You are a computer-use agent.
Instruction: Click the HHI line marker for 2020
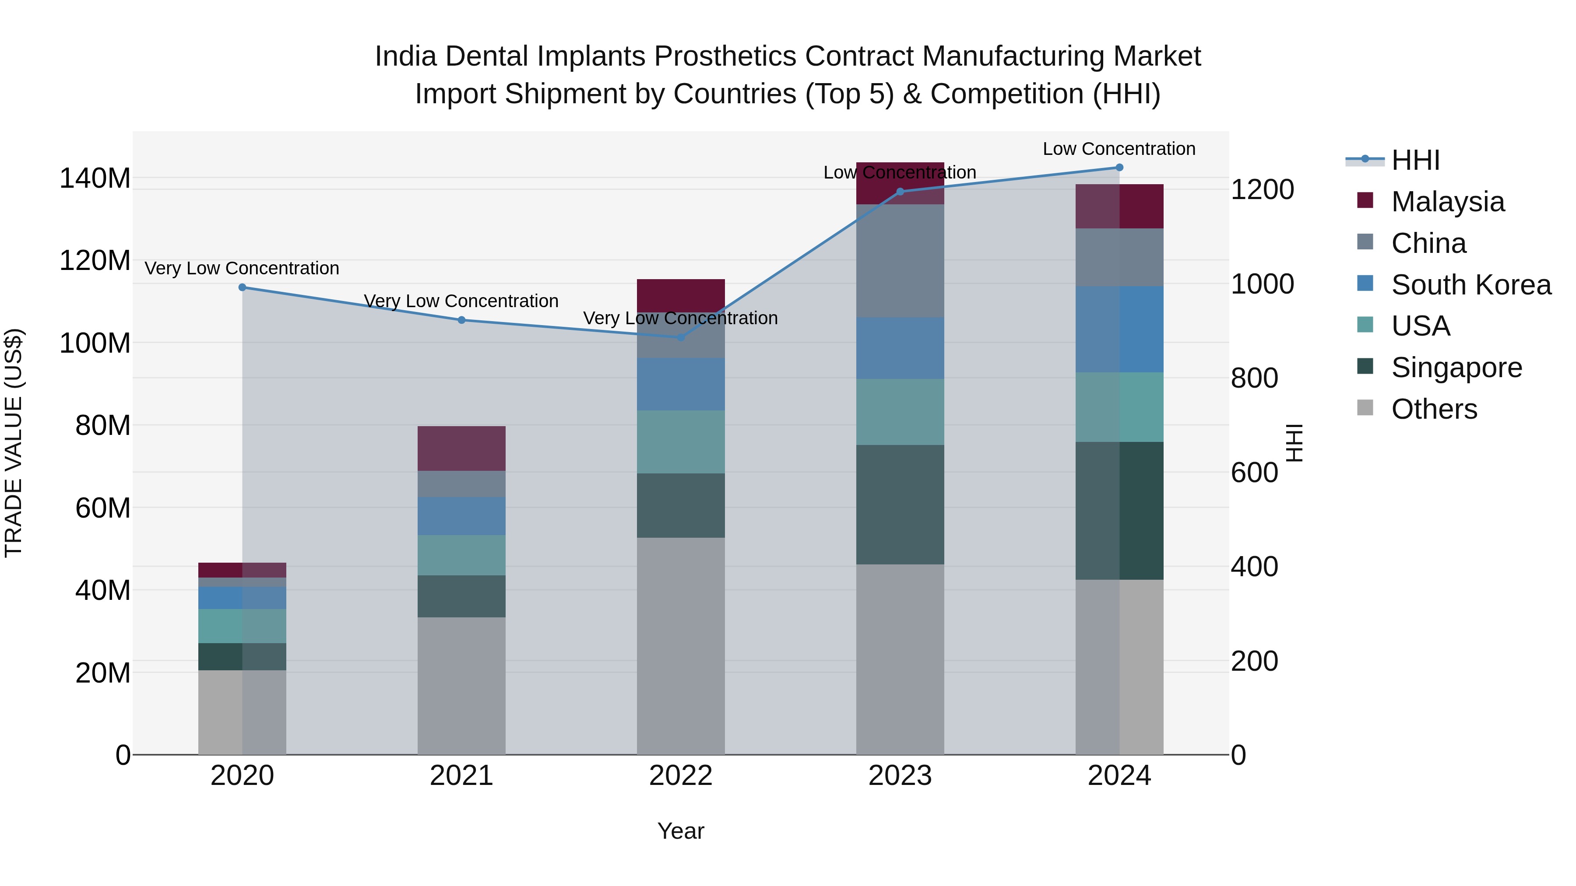(242, 287)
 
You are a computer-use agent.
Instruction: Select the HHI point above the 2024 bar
(1119, 168)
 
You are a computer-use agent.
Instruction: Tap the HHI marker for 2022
(681, 337)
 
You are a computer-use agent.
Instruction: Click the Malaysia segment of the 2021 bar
(461, 448)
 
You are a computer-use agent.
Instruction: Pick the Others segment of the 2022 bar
(681, 646)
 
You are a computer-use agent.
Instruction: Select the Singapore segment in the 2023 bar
(900, 504)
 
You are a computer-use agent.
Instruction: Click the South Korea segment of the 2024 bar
(1119, 329)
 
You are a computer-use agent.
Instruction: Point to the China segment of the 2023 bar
(900, 261)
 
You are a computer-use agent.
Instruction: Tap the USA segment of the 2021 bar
(461, 555)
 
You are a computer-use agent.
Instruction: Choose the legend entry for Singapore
(1456, 368)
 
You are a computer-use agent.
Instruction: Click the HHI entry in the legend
(1415, 160)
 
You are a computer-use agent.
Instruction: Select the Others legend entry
(1433, 409)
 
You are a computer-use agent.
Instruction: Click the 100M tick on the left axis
(95, 343)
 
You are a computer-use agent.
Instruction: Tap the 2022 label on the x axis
(681, 776)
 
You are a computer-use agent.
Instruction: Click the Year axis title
(681, 831)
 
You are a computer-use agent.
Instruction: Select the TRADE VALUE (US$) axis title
(14, 443)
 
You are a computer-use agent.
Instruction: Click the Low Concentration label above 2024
(1119, 149)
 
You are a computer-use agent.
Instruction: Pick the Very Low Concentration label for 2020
(242, 269)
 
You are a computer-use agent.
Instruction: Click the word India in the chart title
(405, 56)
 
